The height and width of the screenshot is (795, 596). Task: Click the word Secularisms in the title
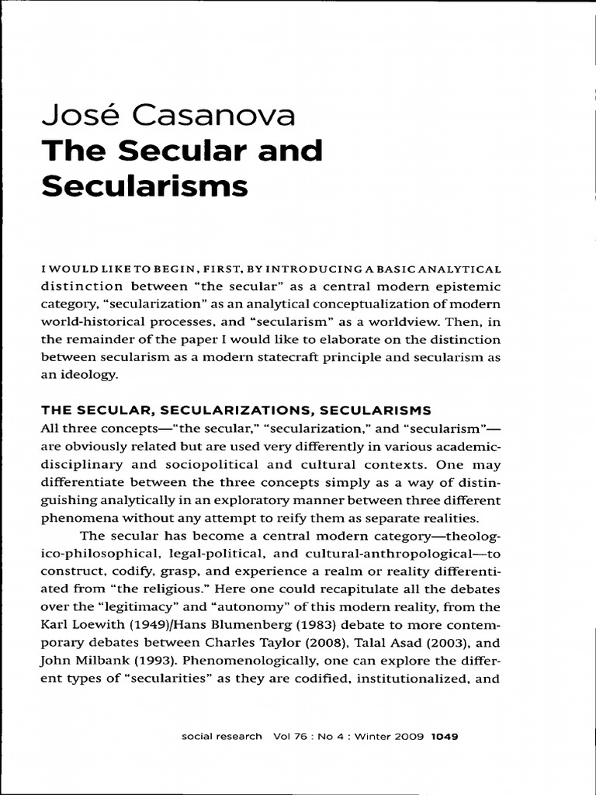[x=145, y=186]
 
